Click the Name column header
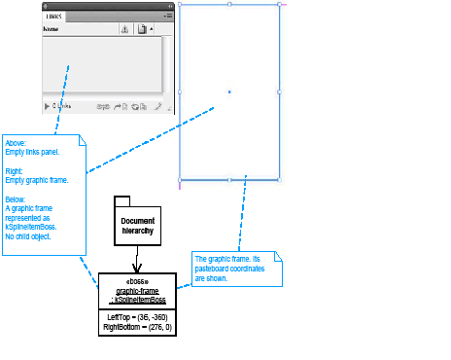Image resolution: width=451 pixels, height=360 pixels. tap(52, 30)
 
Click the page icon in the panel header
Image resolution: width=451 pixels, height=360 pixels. tap(142, 30)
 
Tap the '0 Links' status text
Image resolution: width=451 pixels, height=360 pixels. tap(61, 105)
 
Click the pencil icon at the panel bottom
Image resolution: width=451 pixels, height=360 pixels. tap(157, 105)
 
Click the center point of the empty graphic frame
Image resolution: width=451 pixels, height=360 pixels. tap(229, 91)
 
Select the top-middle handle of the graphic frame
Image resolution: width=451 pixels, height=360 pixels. tap(229, 4)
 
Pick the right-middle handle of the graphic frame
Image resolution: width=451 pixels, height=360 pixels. tap(279, 91)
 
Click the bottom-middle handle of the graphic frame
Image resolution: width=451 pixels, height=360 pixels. tap(229, 180)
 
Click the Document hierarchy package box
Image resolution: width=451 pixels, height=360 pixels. tap(137, 226)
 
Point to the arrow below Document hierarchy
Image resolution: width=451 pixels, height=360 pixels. tap(137, 263)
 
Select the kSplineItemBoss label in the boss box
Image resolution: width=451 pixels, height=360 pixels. tap(138, 300)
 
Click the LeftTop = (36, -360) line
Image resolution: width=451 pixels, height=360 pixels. tap(137, 317)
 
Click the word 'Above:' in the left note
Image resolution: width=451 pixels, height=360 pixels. tap(17, 142)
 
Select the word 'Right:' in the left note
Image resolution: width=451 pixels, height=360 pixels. tap(16, 170)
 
